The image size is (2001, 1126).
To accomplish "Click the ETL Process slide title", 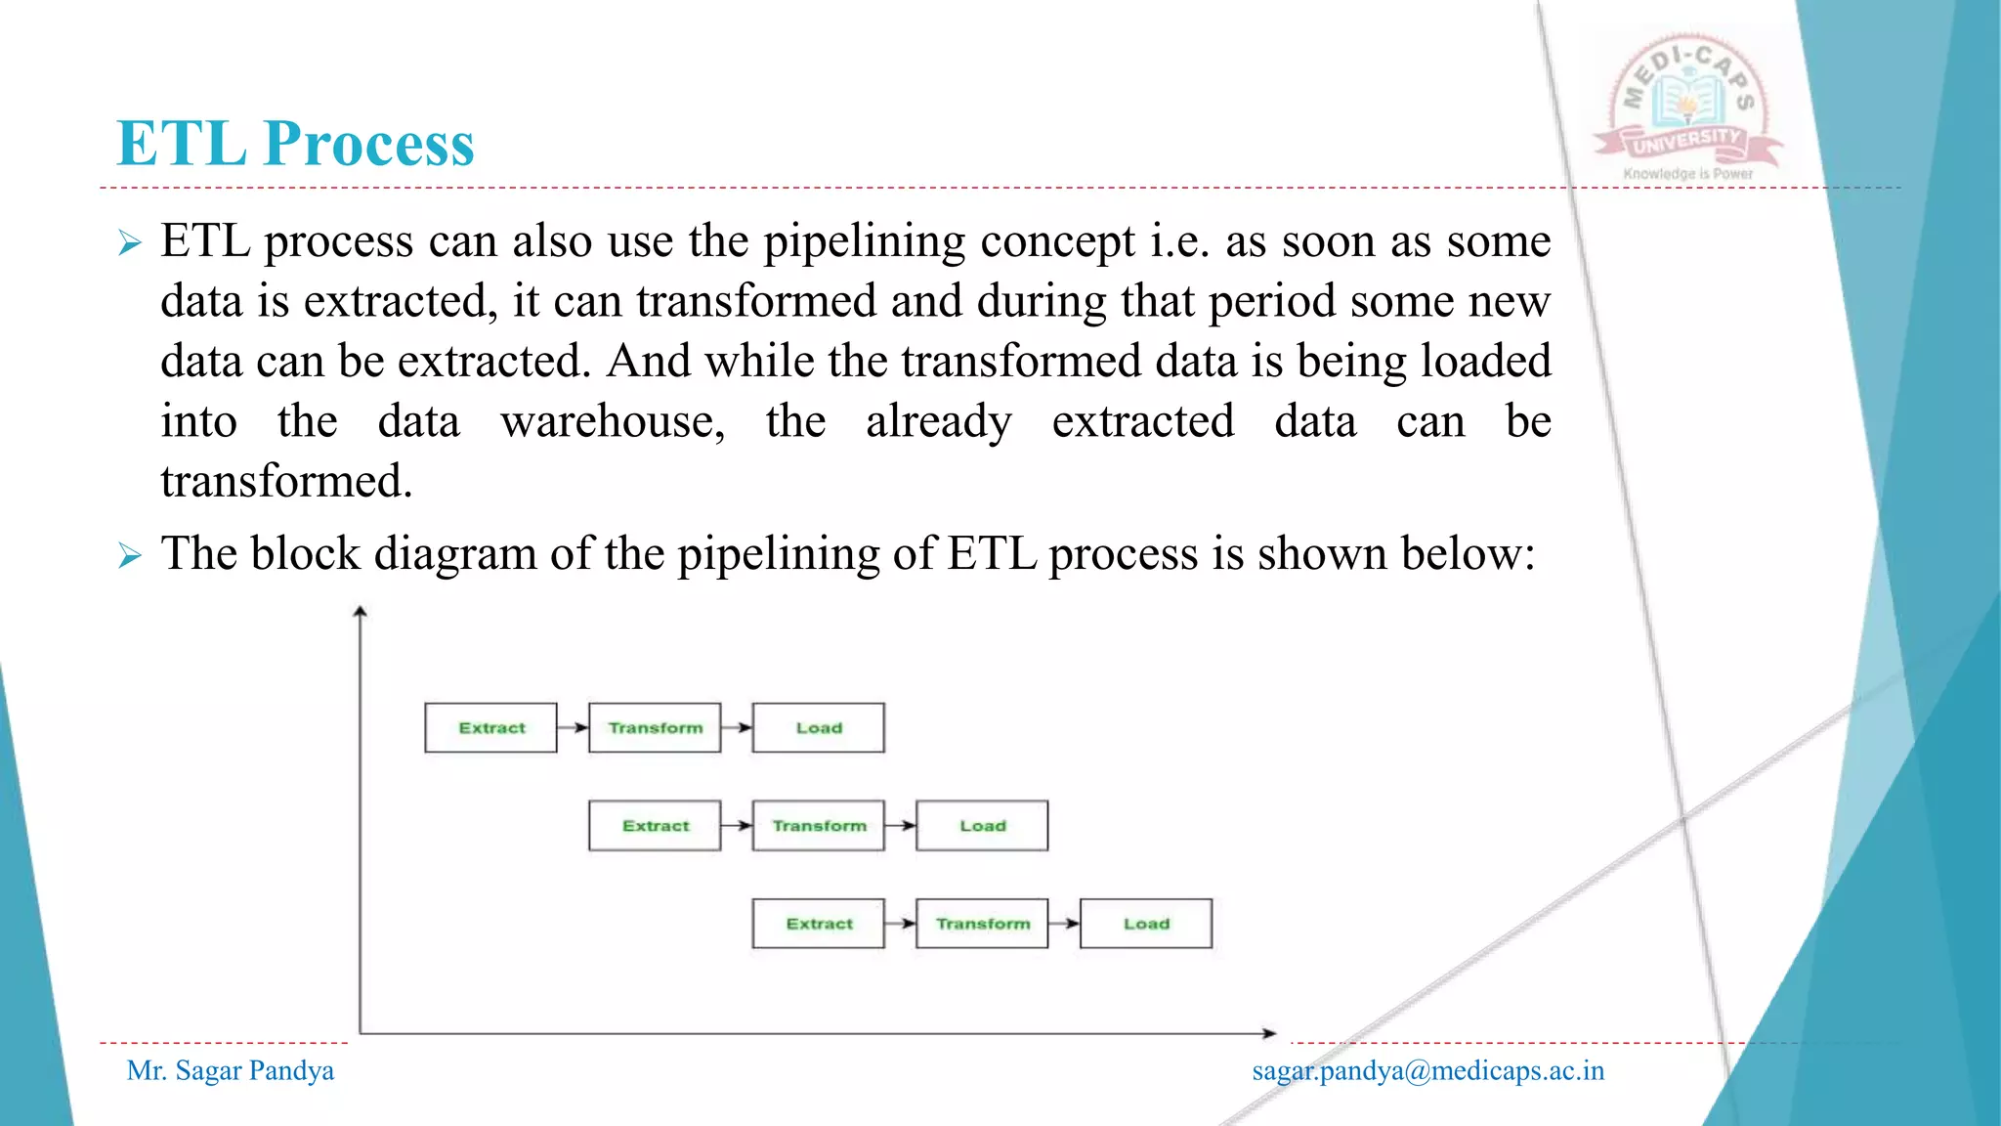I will click(x=295, y=144).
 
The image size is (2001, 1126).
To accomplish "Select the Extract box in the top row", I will click(x=490, y=728).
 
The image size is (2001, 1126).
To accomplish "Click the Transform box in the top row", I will click(x=655, y=728).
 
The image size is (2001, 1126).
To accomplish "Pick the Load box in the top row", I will click(x=819, y=728).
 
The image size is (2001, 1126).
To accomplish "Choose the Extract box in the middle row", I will click(x=655, y=826).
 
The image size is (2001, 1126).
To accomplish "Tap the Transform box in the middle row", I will click(x=819, y=826).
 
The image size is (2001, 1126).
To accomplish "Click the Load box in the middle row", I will click(x=982, y=826).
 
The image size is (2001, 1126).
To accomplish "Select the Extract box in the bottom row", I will click(x=819, y=924).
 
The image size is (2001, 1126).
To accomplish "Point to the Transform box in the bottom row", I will click(x=982, y=924).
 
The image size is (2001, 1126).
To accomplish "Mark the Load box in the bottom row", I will click(x=1146, y=924).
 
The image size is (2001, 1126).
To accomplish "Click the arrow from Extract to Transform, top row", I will click(x=574, y=728).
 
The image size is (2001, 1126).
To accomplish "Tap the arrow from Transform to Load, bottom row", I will click(x=1064, y=924).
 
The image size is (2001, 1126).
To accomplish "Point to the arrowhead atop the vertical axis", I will click(x=361, y=612).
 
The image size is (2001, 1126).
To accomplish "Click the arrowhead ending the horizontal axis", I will click(x=1269, y=1033).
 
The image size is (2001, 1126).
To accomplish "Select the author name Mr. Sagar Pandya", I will click(x=231, y=1071).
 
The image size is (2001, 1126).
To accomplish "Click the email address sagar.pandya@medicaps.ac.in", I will click(x=1427, y=1071).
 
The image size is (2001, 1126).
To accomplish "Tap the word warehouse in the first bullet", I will click(x=613, y=422).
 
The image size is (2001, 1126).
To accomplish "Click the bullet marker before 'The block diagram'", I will click(x=130, y=556).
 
